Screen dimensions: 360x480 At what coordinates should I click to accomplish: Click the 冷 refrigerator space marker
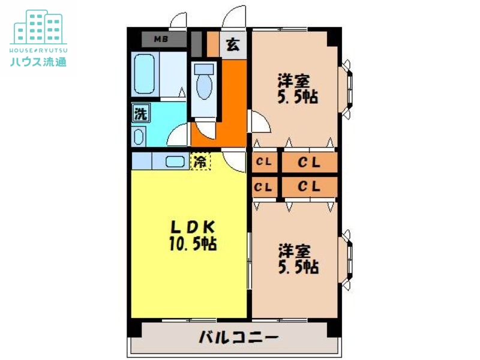click(x=200, y=161)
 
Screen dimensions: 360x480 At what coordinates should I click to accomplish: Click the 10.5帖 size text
click(x=192, y=244)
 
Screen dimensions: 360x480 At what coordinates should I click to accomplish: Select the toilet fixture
click(x=204, y=82)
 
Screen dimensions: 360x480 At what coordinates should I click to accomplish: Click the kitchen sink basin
click(x=175, y=161)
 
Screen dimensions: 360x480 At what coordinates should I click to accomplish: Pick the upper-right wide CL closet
click(x=309, y=162)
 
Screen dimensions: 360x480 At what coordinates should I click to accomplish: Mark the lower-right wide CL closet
click(x=309, y=187)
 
